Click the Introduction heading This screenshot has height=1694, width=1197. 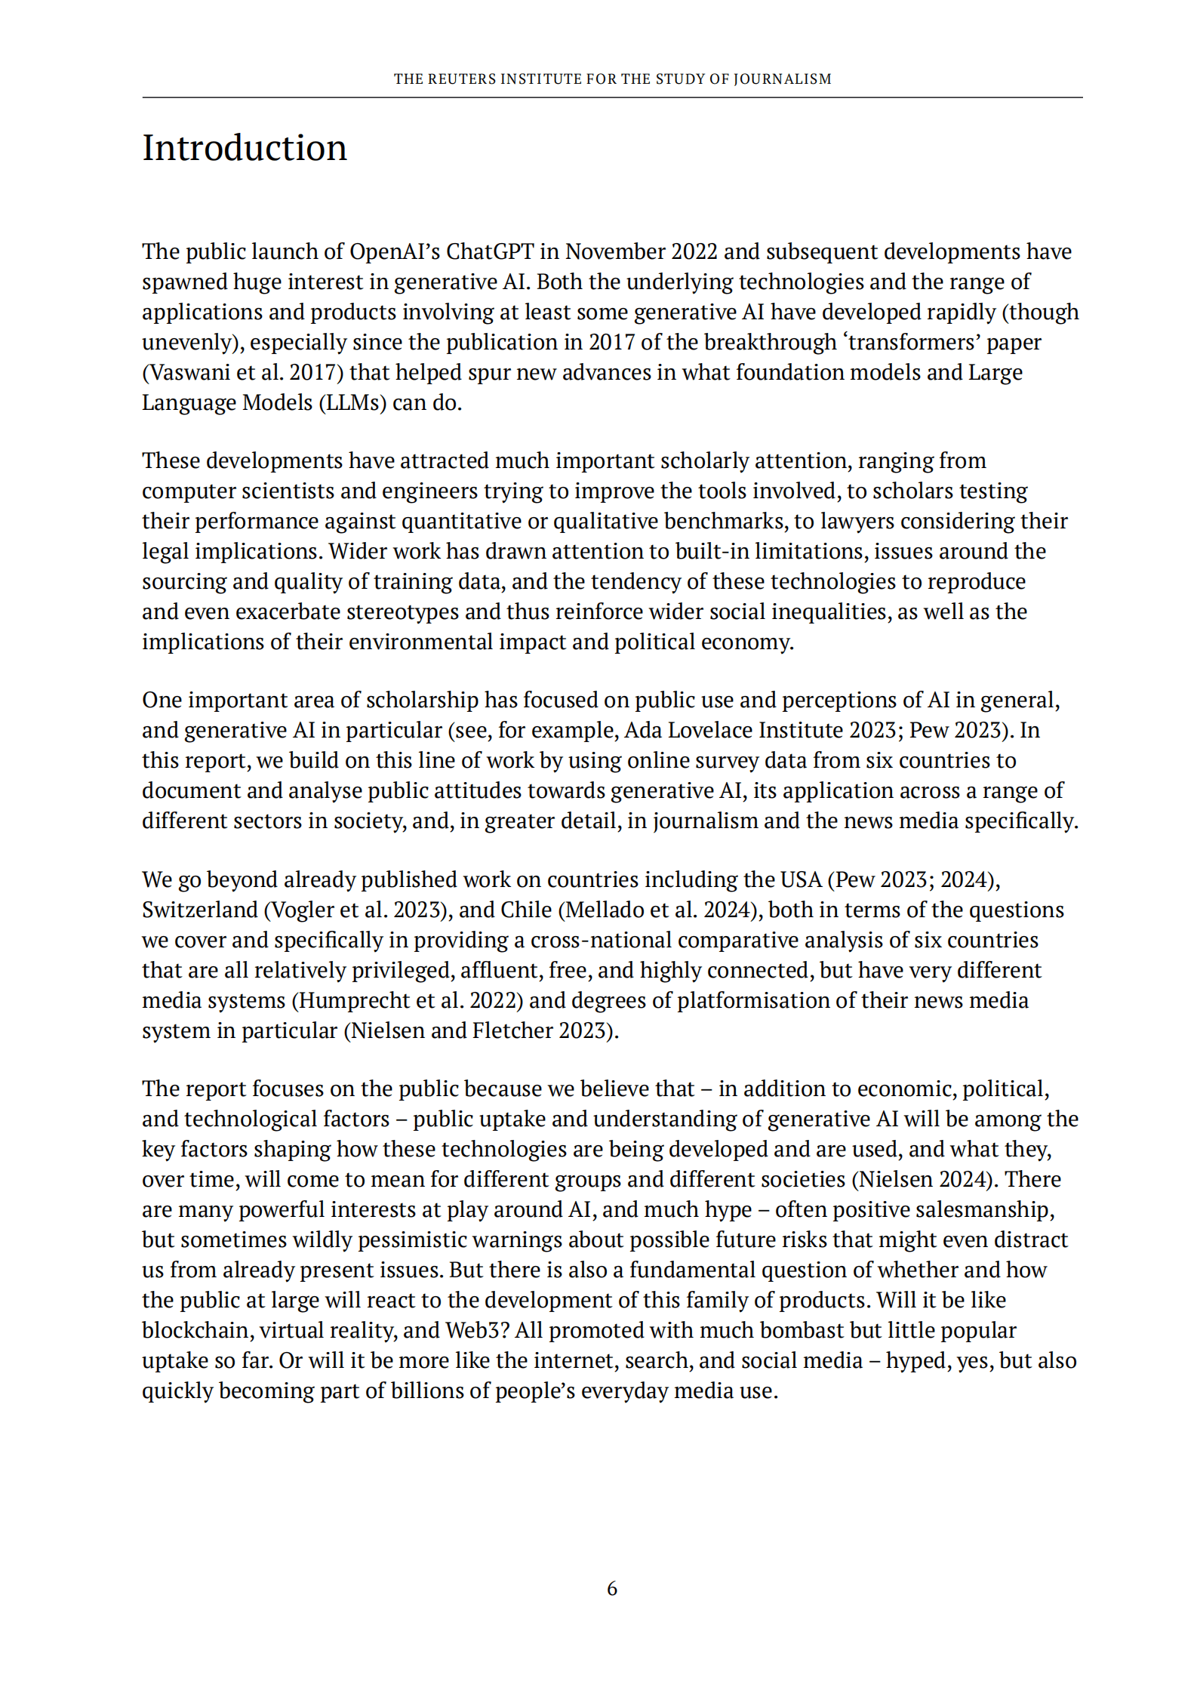(x=245, y=148)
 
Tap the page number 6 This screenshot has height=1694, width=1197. (x=612, y=1589)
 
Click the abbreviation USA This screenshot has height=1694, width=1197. (x=800, y=879)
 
